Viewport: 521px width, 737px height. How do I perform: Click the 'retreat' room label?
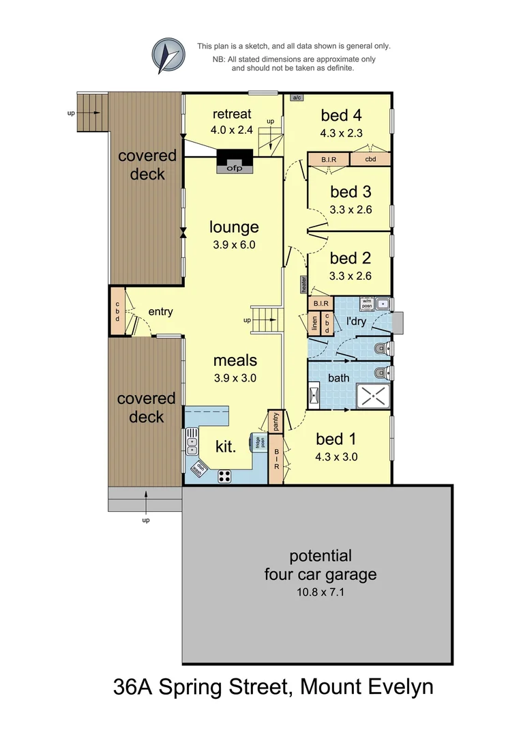point(232,113)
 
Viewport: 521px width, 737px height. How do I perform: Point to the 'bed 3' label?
point(351,192)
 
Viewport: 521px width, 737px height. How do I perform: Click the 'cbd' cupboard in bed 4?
point(370,160)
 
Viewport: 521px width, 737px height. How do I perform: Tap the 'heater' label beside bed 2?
point(302,285)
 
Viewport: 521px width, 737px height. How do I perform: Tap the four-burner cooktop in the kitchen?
point(225,477)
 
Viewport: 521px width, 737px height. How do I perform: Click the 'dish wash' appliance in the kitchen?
point(200,469)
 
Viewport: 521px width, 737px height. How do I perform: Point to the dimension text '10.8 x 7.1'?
point(320,592)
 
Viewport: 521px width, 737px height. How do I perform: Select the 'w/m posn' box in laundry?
point(367,302)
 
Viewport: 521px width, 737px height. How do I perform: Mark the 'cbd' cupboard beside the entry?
point(117,310)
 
